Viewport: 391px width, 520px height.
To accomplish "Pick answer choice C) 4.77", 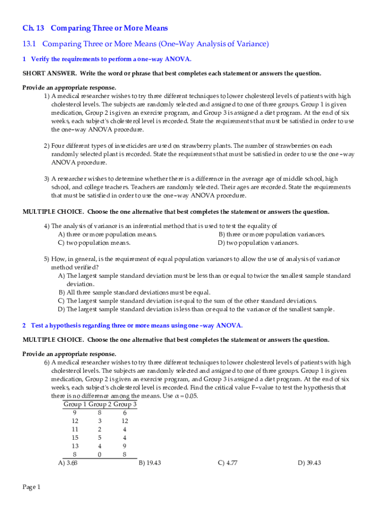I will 227,463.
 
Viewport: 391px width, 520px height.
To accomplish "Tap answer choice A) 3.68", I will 68,463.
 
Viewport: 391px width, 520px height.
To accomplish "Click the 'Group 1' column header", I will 75,404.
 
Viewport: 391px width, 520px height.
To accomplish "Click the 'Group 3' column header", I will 125,404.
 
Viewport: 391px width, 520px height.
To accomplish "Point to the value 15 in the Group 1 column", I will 75,437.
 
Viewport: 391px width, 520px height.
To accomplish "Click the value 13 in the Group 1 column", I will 75,446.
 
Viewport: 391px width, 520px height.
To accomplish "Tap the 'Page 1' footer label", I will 31,487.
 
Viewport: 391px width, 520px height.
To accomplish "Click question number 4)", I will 46,226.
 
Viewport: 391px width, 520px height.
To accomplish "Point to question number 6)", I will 46,362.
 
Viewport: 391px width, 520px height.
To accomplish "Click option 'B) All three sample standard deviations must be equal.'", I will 135,292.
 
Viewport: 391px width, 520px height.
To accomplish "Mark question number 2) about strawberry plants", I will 46,146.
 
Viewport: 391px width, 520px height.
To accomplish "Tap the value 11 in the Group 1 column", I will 75,429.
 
